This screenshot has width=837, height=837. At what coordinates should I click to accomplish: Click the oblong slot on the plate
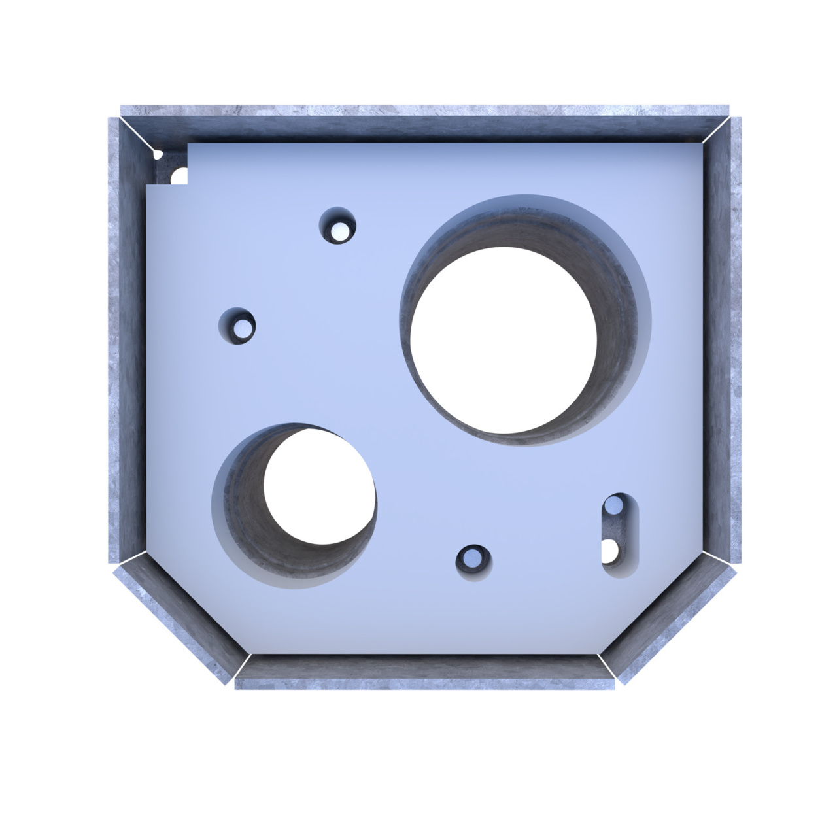[619, 535]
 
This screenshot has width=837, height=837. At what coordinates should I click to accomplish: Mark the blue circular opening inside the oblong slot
[614, 505]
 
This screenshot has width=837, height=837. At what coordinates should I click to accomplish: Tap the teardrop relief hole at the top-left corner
[158, 155]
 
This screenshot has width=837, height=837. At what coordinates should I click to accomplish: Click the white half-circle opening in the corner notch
[180, 177]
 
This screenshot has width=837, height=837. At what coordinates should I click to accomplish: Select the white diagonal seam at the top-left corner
[139, 136]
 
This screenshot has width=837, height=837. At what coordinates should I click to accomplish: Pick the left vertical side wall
[124, 340]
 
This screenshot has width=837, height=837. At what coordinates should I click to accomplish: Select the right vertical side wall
[723, 340]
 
